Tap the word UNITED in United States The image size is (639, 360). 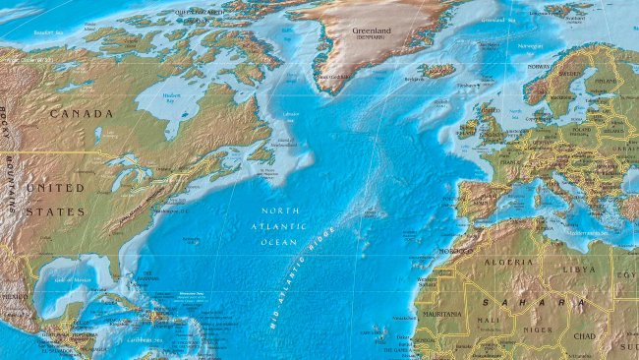coord(54,187)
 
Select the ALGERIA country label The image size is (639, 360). coord(509,263)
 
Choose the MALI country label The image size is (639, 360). coord(486,320)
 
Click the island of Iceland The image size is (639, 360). coord(436,71)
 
